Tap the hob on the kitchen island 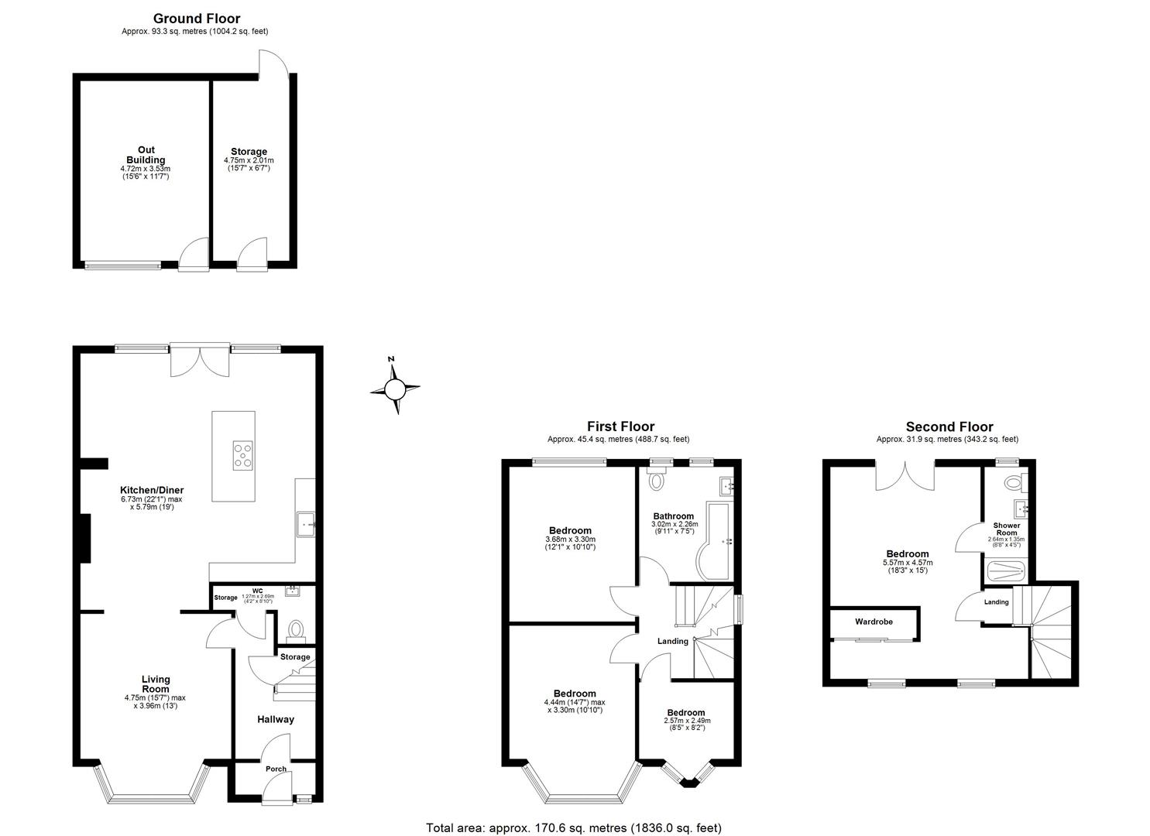[x=243, y=455]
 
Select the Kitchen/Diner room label [x=152, y=490]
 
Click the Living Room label [x=156, y=684]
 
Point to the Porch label [x=276, y=769]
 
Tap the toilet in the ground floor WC [x=294, y=630]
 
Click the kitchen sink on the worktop [x=305, y=524]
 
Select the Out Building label [x=146, y=155]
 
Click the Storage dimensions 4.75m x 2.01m [x=249, y=160]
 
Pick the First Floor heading [x=620, y=427]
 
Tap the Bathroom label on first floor [x=673, y=516]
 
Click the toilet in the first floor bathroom [x=657, y=481]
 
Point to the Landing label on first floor [x=672, y=641]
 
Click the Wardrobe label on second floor [x=874, y=622]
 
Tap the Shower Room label [x=1006, y=529]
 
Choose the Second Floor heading [x=949, y=427]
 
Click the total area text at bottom [x=573, y=827]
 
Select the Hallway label [x=276, y=719]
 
